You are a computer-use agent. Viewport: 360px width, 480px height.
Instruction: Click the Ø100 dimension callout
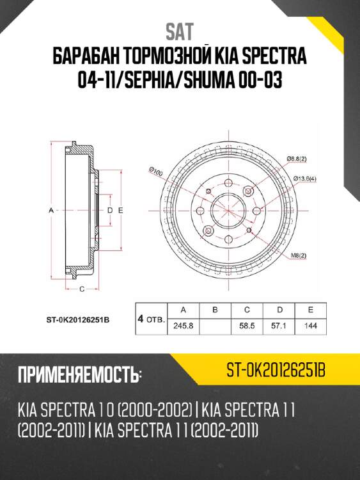pyautogui.click(x=156, y=170)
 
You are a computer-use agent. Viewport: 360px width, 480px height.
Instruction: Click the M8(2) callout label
pyautogui.click(x=299, y=255)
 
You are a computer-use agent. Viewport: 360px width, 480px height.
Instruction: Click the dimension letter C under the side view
pyautogui.click(x=82, y=290)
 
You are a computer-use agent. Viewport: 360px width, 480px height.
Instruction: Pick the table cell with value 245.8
pyautogui.click(x=184, y=325)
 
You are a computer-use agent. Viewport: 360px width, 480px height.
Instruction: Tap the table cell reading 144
pyautogui.click(x=311, y=325)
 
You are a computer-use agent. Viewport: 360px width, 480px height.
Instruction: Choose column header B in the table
pyautogui.click(x=215, y=310)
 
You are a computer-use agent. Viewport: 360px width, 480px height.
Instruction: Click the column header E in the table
pyautogui.click(x=311, y=310)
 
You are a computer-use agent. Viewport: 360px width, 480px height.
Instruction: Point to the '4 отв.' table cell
pyautogui.click(x=151, y=318)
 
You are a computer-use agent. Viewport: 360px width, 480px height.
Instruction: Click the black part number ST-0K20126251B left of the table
pyautogui.click(x=78, y=318)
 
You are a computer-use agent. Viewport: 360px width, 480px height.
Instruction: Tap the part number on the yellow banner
pyautogui.click(x=276, y=369)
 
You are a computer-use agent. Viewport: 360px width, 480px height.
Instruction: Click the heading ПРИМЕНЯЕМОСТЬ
pyautogui.click(x=80, y=374)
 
